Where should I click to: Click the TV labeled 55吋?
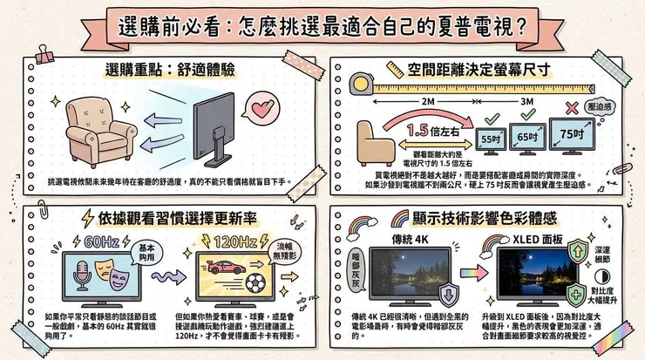pos(492,139)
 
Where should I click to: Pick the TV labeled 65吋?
pos(527,136)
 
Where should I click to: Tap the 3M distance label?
pos(528,101)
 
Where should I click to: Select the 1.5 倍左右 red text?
pos(432,132)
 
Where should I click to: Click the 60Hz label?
pos(90,241)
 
